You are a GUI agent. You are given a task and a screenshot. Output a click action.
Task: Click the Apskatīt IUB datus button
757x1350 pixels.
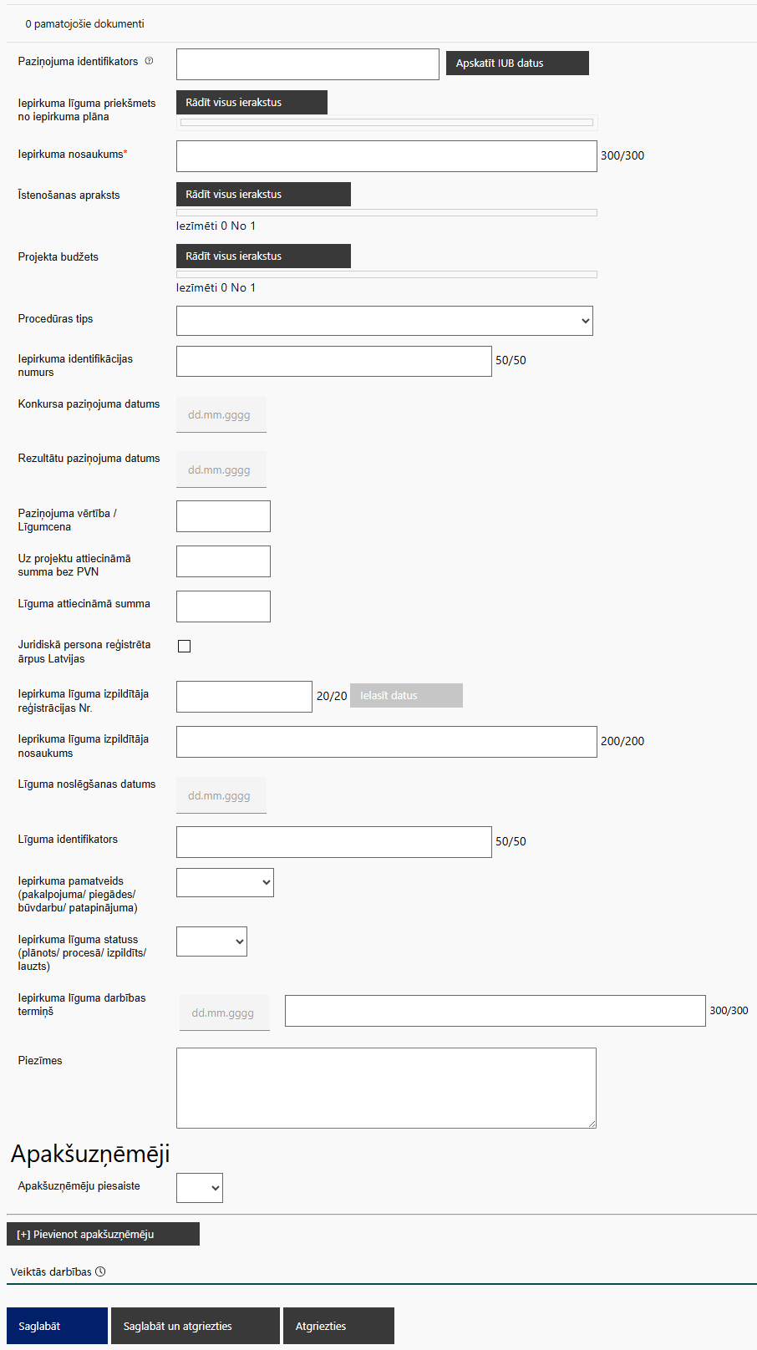517,63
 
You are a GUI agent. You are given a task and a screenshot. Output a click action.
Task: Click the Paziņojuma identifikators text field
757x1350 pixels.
307,64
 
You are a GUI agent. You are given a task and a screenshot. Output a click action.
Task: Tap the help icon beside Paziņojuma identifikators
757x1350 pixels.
150,61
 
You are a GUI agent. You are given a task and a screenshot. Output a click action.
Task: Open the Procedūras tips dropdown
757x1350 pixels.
384,321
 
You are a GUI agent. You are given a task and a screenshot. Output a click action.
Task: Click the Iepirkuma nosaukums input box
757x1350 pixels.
386,156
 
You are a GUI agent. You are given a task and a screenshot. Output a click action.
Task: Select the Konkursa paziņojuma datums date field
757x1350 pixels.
221,415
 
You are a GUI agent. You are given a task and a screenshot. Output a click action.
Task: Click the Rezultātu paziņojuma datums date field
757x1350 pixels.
221,470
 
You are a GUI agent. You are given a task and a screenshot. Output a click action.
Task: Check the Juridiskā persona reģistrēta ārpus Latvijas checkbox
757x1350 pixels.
185,647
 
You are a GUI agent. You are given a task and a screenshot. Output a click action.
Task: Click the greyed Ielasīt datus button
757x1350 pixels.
406,696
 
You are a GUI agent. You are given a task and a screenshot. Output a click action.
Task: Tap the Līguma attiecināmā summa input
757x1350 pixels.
223,606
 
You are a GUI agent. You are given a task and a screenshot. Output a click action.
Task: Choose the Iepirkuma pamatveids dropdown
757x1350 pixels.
225,883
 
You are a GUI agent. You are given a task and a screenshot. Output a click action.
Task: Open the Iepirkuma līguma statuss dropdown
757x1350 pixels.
211,941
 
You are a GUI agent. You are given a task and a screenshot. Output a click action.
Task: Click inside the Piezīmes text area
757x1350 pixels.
386,1088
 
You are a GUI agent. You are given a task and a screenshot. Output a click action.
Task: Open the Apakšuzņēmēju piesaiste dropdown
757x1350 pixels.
200,1188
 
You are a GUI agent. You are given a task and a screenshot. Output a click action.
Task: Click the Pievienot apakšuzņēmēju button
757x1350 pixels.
103,1234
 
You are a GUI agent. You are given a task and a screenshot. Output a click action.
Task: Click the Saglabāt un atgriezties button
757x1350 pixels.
195,1326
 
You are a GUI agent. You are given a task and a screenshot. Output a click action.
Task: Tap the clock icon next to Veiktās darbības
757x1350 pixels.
100,1271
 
